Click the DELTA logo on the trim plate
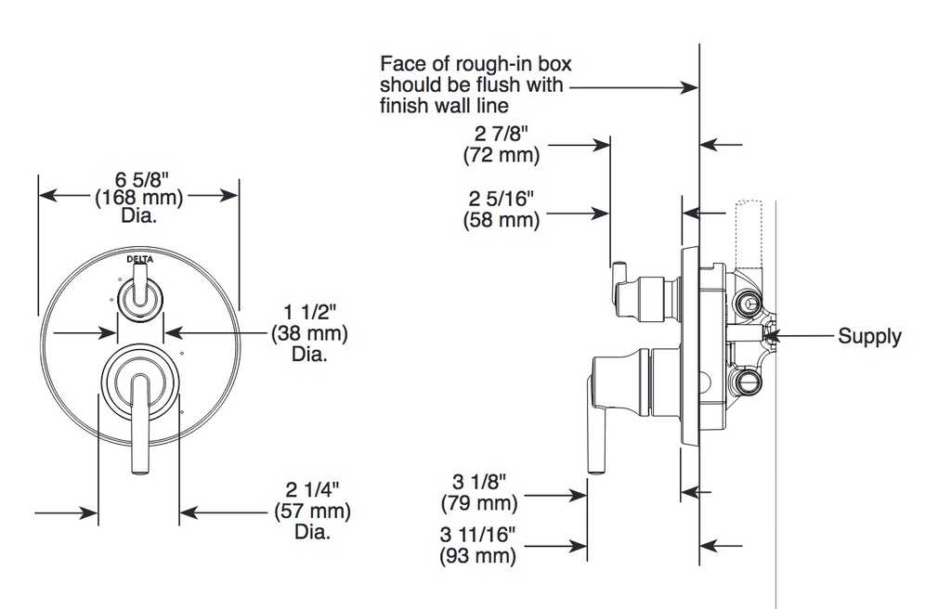140,260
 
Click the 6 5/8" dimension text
141,179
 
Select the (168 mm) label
139,197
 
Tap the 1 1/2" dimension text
309,312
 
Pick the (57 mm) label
312,511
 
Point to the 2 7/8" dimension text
502,134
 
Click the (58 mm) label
501,220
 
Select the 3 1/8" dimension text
479,482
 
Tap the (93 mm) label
478,556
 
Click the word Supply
869,336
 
